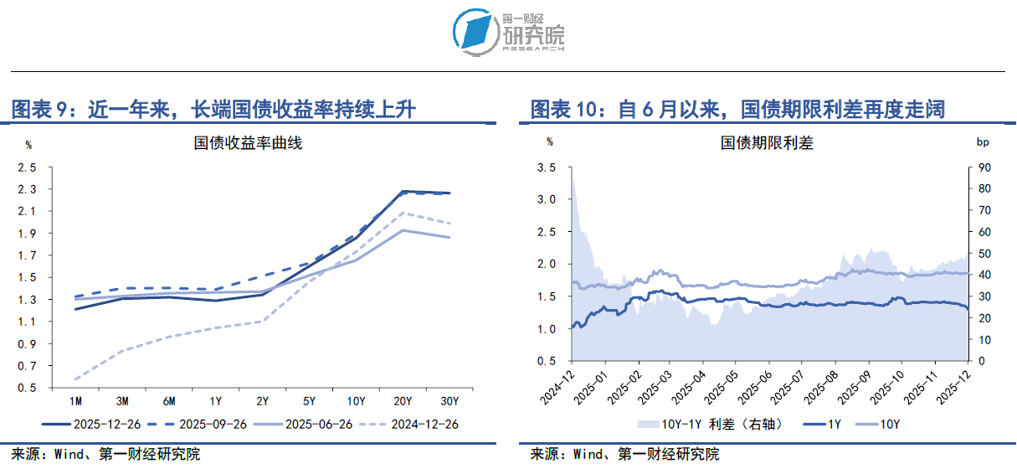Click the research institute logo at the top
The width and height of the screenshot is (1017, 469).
coord(508,32)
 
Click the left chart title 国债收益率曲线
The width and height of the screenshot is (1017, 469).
coord(248,143)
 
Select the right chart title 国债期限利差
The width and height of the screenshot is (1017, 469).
coord(767,143)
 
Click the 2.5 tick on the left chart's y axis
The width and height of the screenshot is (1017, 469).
coord(28,167)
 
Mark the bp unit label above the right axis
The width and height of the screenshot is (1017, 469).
coord(984,143)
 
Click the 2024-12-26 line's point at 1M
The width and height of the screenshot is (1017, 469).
coord(75,379)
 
